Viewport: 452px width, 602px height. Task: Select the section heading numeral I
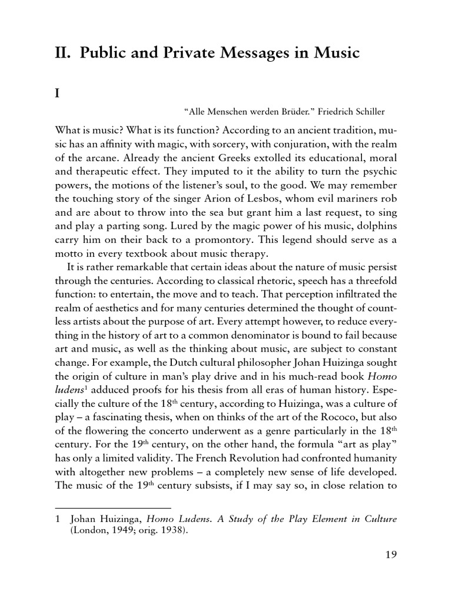click(57, 95)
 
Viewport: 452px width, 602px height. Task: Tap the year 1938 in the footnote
click(165, 529)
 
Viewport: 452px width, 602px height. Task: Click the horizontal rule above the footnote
click(112, 507)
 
